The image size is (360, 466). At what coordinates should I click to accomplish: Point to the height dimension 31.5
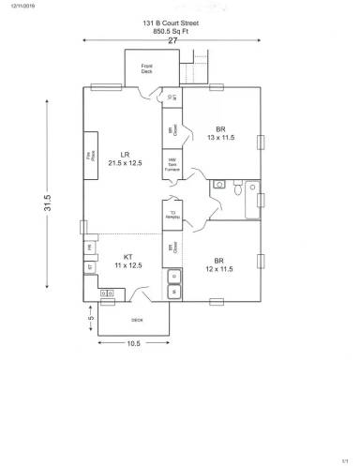46,203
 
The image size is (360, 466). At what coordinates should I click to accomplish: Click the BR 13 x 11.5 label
220,133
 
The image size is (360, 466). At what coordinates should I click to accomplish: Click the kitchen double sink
106,294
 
